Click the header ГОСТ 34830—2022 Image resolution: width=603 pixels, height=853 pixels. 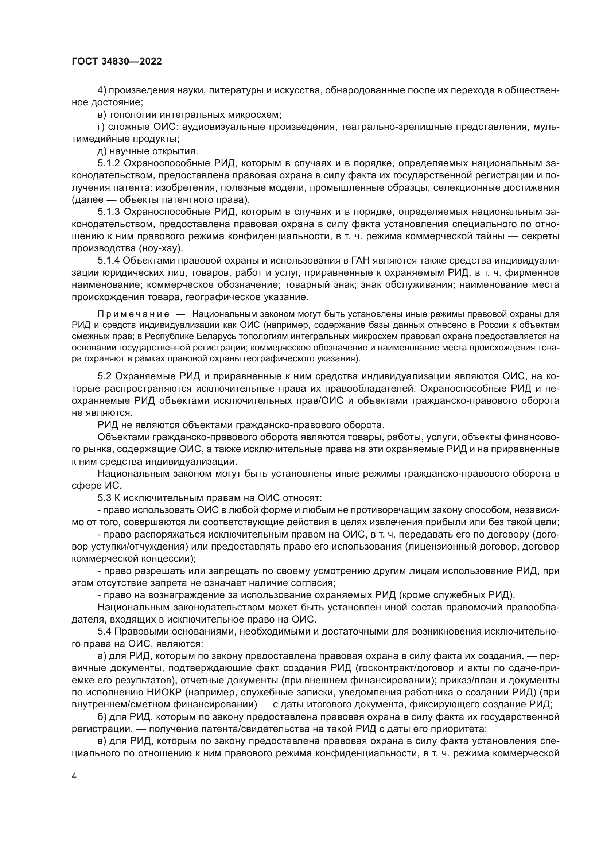[x=117, y=62]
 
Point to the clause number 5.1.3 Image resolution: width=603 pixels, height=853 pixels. [x=108, y=212]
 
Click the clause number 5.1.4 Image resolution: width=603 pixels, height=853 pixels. [x=108, y=261]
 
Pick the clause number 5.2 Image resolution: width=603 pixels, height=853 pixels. [x=104, y=376]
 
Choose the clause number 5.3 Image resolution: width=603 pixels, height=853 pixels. [x=104, y=498]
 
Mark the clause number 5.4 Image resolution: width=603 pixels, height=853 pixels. [x=104, y=632]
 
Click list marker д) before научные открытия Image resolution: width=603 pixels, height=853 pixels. [x=102, y=151]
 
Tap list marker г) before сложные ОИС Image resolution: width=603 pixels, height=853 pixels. [x=101, y=127]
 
